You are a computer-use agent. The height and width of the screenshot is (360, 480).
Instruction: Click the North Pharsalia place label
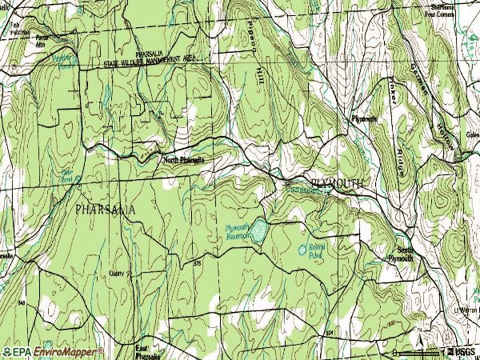click(183, 160)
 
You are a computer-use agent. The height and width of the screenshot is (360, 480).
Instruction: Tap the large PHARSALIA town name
click(105, 209)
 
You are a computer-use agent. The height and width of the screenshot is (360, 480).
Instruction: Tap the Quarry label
click(118, 274)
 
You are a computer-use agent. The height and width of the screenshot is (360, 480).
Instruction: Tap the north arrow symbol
click(442, 350)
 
